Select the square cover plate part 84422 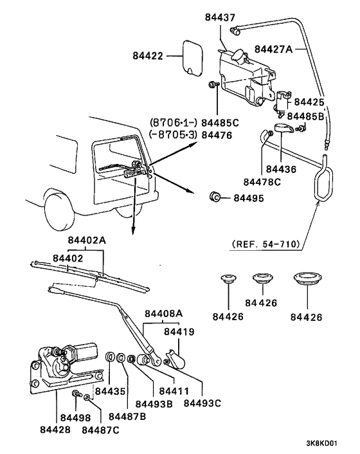pos(191,54)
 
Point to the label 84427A pos(273,49)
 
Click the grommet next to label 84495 pos(216,196)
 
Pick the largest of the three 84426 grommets pos(305,281)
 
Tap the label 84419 pos(178,332)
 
